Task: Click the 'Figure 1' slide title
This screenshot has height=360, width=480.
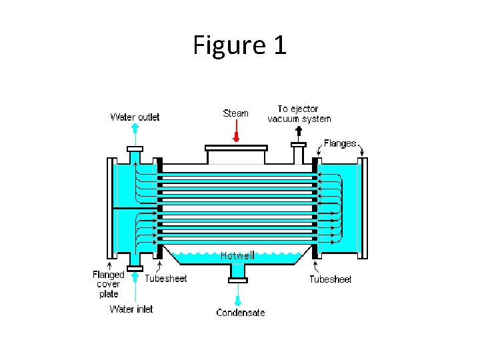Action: pos(239,45)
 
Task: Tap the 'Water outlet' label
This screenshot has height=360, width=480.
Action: pos(135,117)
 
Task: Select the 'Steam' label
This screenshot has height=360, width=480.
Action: pos(235,113)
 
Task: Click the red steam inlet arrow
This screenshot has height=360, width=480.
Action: pos(236,133)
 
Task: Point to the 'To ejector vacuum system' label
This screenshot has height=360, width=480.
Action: pos(299,113)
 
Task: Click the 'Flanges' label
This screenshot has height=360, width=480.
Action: pos(340,143)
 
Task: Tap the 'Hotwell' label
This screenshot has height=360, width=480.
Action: pos(237,255)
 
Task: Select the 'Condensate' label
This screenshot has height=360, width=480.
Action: pos(240,312)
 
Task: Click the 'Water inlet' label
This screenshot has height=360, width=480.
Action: pos(131,309)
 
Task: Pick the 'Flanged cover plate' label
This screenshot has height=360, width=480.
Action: pos(108,284)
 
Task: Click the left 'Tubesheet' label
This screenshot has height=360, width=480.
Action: pos(166,279)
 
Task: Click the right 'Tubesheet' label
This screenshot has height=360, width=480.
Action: pos(330,279)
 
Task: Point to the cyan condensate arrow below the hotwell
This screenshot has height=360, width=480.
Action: pos(237,294)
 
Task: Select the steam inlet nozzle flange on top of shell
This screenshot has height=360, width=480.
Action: pos(236,147)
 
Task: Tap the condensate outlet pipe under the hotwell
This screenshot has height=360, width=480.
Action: pos(237,272)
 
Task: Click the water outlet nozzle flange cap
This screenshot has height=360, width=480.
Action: pos(135,149)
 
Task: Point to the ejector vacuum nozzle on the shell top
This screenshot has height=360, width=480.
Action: pos(298,153)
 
